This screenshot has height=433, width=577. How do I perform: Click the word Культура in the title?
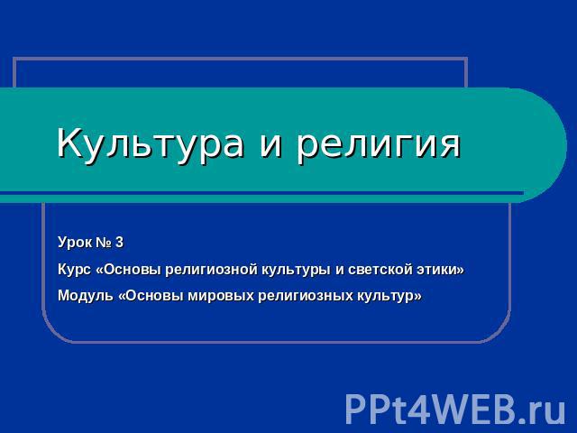click(150, 143)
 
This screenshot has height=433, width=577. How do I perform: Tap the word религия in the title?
click(378, 143)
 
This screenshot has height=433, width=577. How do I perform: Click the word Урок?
click(75, 243)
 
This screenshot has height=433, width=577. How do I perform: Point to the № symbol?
click(104, 243)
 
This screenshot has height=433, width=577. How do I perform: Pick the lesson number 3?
click(119, 243)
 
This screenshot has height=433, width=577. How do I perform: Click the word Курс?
click(74, 270)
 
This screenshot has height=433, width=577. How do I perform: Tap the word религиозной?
click(211, 270)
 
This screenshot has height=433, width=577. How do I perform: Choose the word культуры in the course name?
click(297, 270)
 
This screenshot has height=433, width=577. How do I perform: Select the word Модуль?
click(86, 296)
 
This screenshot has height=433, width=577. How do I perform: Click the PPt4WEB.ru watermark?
click(454, 410)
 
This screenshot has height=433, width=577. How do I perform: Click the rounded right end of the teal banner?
click(552, 144)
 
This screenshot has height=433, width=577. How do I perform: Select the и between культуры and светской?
click(340, 272)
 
